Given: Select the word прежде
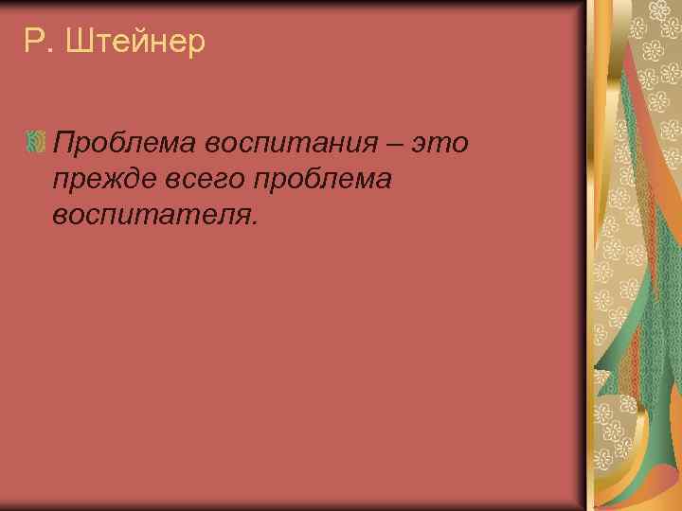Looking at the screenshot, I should tap(98, 179).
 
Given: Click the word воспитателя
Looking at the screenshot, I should tap(151, 215).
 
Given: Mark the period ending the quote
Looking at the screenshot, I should tap(253, 222).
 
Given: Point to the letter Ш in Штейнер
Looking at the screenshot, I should tap(81, 43).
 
